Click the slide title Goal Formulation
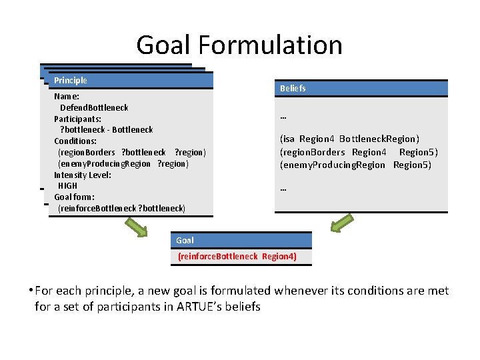239,45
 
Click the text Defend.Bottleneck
94,107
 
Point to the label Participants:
78,119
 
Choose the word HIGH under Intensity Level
67,186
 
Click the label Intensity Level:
83,175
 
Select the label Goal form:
74,197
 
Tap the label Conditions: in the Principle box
75,141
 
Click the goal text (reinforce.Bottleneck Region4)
237,257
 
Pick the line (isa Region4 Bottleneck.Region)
349,139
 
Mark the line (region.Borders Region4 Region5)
359,152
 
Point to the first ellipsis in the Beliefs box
283,117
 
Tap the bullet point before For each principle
31,291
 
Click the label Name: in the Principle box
67,96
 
